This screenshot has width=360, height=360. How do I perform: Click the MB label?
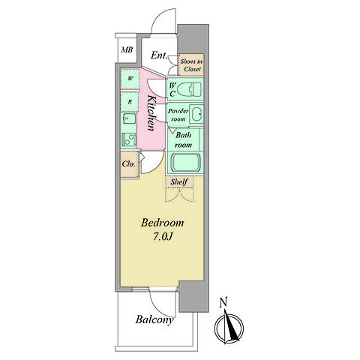127,49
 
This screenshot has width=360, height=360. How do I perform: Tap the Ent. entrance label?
159,55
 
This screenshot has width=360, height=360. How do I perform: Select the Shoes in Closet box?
192,64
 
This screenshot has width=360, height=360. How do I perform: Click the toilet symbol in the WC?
189,89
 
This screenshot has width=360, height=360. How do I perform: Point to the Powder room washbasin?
196,114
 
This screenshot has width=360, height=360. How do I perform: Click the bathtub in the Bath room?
185,163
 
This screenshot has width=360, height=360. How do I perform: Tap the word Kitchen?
151,112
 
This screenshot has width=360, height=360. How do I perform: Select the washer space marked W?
130,79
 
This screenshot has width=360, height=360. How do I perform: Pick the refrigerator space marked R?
130,102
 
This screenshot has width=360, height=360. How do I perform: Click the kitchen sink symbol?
129,118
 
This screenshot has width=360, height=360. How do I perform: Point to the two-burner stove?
129,139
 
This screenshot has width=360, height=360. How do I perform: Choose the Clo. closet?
130,164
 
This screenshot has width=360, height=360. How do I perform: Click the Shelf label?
178,181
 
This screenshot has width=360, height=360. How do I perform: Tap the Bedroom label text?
162,223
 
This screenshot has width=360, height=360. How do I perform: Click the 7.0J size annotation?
163,237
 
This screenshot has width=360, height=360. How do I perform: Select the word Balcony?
154,319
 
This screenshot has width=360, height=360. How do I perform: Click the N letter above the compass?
223,302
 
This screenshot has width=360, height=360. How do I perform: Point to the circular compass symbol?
229,328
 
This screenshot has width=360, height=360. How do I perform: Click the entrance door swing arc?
159,16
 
